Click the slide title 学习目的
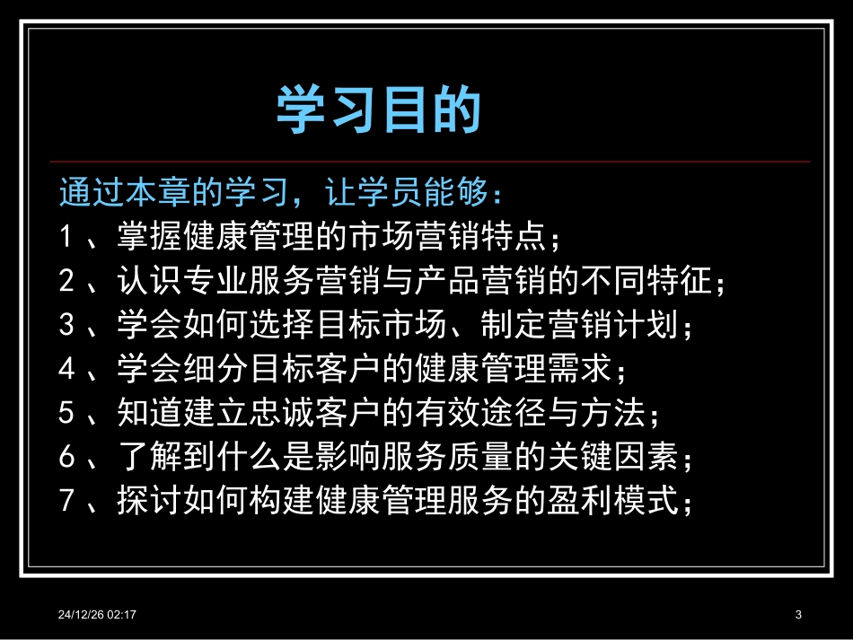tap(378, 110)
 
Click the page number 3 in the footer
tap(798, 614)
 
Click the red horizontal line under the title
tap(431, 162)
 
